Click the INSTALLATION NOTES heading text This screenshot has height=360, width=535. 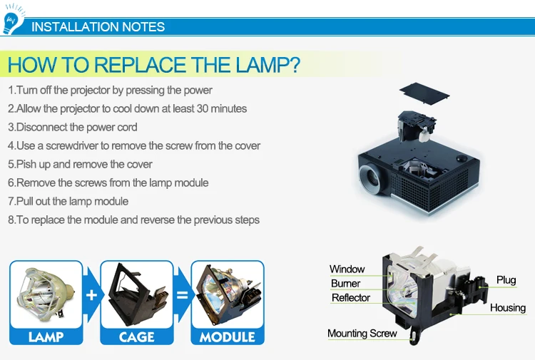click(x=98, y=27)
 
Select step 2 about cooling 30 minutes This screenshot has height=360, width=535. click(x=127, y=109)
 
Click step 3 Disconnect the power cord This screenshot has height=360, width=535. click(x=73, y=128)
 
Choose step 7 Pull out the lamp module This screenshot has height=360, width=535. click(x=68, y=202)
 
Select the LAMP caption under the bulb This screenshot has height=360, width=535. click(x=46, y=336)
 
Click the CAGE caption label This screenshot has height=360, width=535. click(x=136, y=336)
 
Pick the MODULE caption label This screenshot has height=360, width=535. click(x=227, y=336)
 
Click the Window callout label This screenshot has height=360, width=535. click(x=347, y=269)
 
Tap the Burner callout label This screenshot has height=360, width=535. click(x=345, y=284)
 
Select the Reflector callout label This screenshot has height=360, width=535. click(x=350, y=298)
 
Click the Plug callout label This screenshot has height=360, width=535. click(x=506, y=280)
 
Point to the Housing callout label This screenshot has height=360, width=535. click(x=507, y=308)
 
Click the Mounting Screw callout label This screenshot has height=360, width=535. click(x=362, y=334)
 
